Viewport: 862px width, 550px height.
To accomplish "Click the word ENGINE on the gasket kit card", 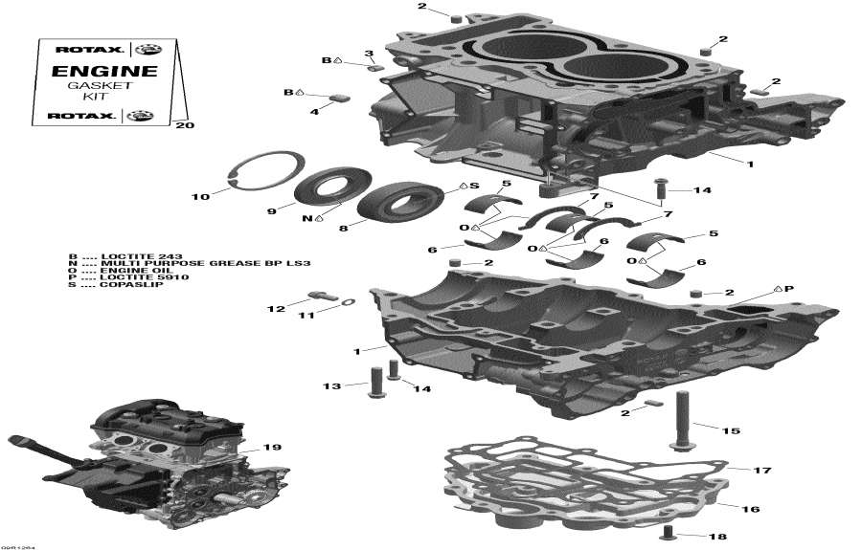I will (x=90, y=72).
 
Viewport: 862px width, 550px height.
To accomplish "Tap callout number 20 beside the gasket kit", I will (x=186, y=125).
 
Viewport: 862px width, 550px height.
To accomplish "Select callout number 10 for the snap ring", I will (x=200, y=197).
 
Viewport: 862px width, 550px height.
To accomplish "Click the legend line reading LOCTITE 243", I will (x=104, y=255).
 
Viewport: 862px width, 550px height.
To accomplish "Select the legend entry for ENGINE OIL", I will (x=104, y=270).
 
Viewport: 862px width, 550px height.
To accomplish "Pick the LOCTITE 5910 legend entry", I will (x=106, y=277).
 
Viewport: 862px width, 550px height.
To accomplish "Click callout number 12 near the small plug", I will (x=275, y=308).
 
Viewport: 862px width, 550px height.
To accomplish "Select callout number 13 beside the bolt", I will (x=331, y=385).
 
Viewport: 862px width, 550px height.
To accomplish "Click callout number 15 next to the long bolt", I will (x=731, y=430).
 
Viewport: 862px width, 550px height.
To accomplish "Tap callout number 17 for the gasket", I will (x=762, y=470).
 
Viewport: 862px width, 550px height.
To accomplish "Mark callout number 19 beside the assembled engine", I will (x=273, y=448).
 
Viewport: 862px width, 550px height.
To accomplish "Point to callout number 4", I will (x=313, y=112).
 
